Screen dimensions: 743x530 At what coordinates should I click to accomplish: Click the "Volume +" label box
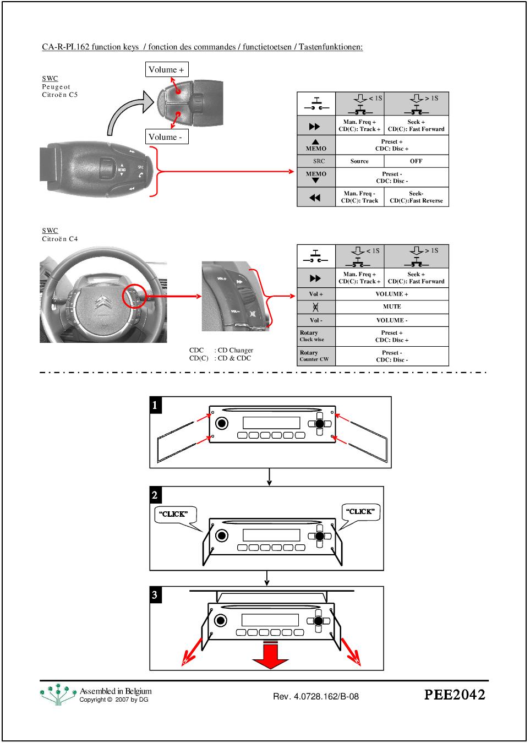pos(167,69)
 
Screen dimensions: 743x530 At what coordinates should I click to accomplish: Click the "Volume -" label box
pos(167,137)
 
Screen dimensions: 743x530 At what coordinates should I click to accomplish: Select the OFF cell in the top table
pos(416,161)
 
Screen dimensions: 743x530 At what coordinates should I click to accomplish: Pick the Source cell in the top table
pos(359,161)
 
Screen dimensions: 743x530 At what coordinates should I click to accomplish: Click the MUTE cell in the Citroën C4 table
pos(392,307)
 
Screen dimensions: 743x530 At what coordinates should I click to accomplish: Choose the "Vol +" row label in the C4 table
pos(316,294)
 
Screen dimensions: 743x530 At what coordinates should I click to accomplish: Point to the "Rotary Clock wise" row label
pos(316,336)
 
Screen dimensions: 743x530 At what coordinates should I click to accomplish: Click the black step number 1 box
pos(155,406)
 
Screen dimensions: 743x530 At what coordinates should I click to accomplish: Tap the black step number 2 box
pos(155,495)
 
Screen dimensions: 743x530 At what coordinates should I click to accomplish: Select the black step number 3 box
pos(155,595)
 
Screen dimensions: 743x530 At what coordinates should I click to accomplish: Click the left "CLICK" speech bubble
pos(174,514)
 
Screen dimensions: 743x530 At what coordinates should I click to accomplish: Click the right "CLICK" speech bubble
pos(360,512)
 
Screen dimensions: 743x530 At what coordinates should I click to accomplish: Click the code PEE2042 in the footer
pos(455,695)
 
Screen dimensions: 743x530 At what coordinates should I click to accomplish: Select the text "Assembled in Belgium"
pos(116,691)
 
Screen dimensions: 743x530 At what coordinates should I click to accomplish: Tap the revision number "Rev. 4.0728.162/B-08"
pos(316,697)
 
